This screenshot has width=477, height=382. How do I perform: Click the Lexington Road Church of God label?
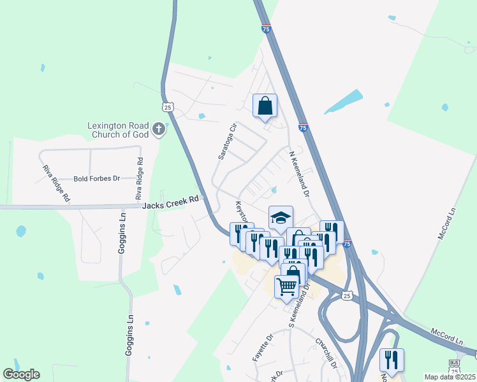click(118, 130)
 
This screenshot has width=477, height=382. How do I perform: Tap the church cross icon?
click(159, 130)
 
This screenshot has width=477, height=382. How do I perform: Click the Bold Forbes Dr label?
click(96, 179)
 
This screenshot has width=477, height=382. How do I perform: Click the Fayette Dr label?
click(262, 348)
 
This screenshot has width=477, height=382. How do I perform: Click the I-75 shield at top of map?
click(266, 29)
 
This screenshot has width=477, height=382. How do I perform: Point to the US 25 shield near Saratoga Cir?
click(167, 108)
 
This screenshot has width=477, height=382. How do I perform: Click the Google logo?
click(21, 374)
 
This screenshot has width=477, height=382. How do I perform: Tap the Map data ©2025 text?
click(450, 377)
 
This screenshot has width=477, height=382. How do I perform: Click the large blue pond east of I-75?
click(345, 102)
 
